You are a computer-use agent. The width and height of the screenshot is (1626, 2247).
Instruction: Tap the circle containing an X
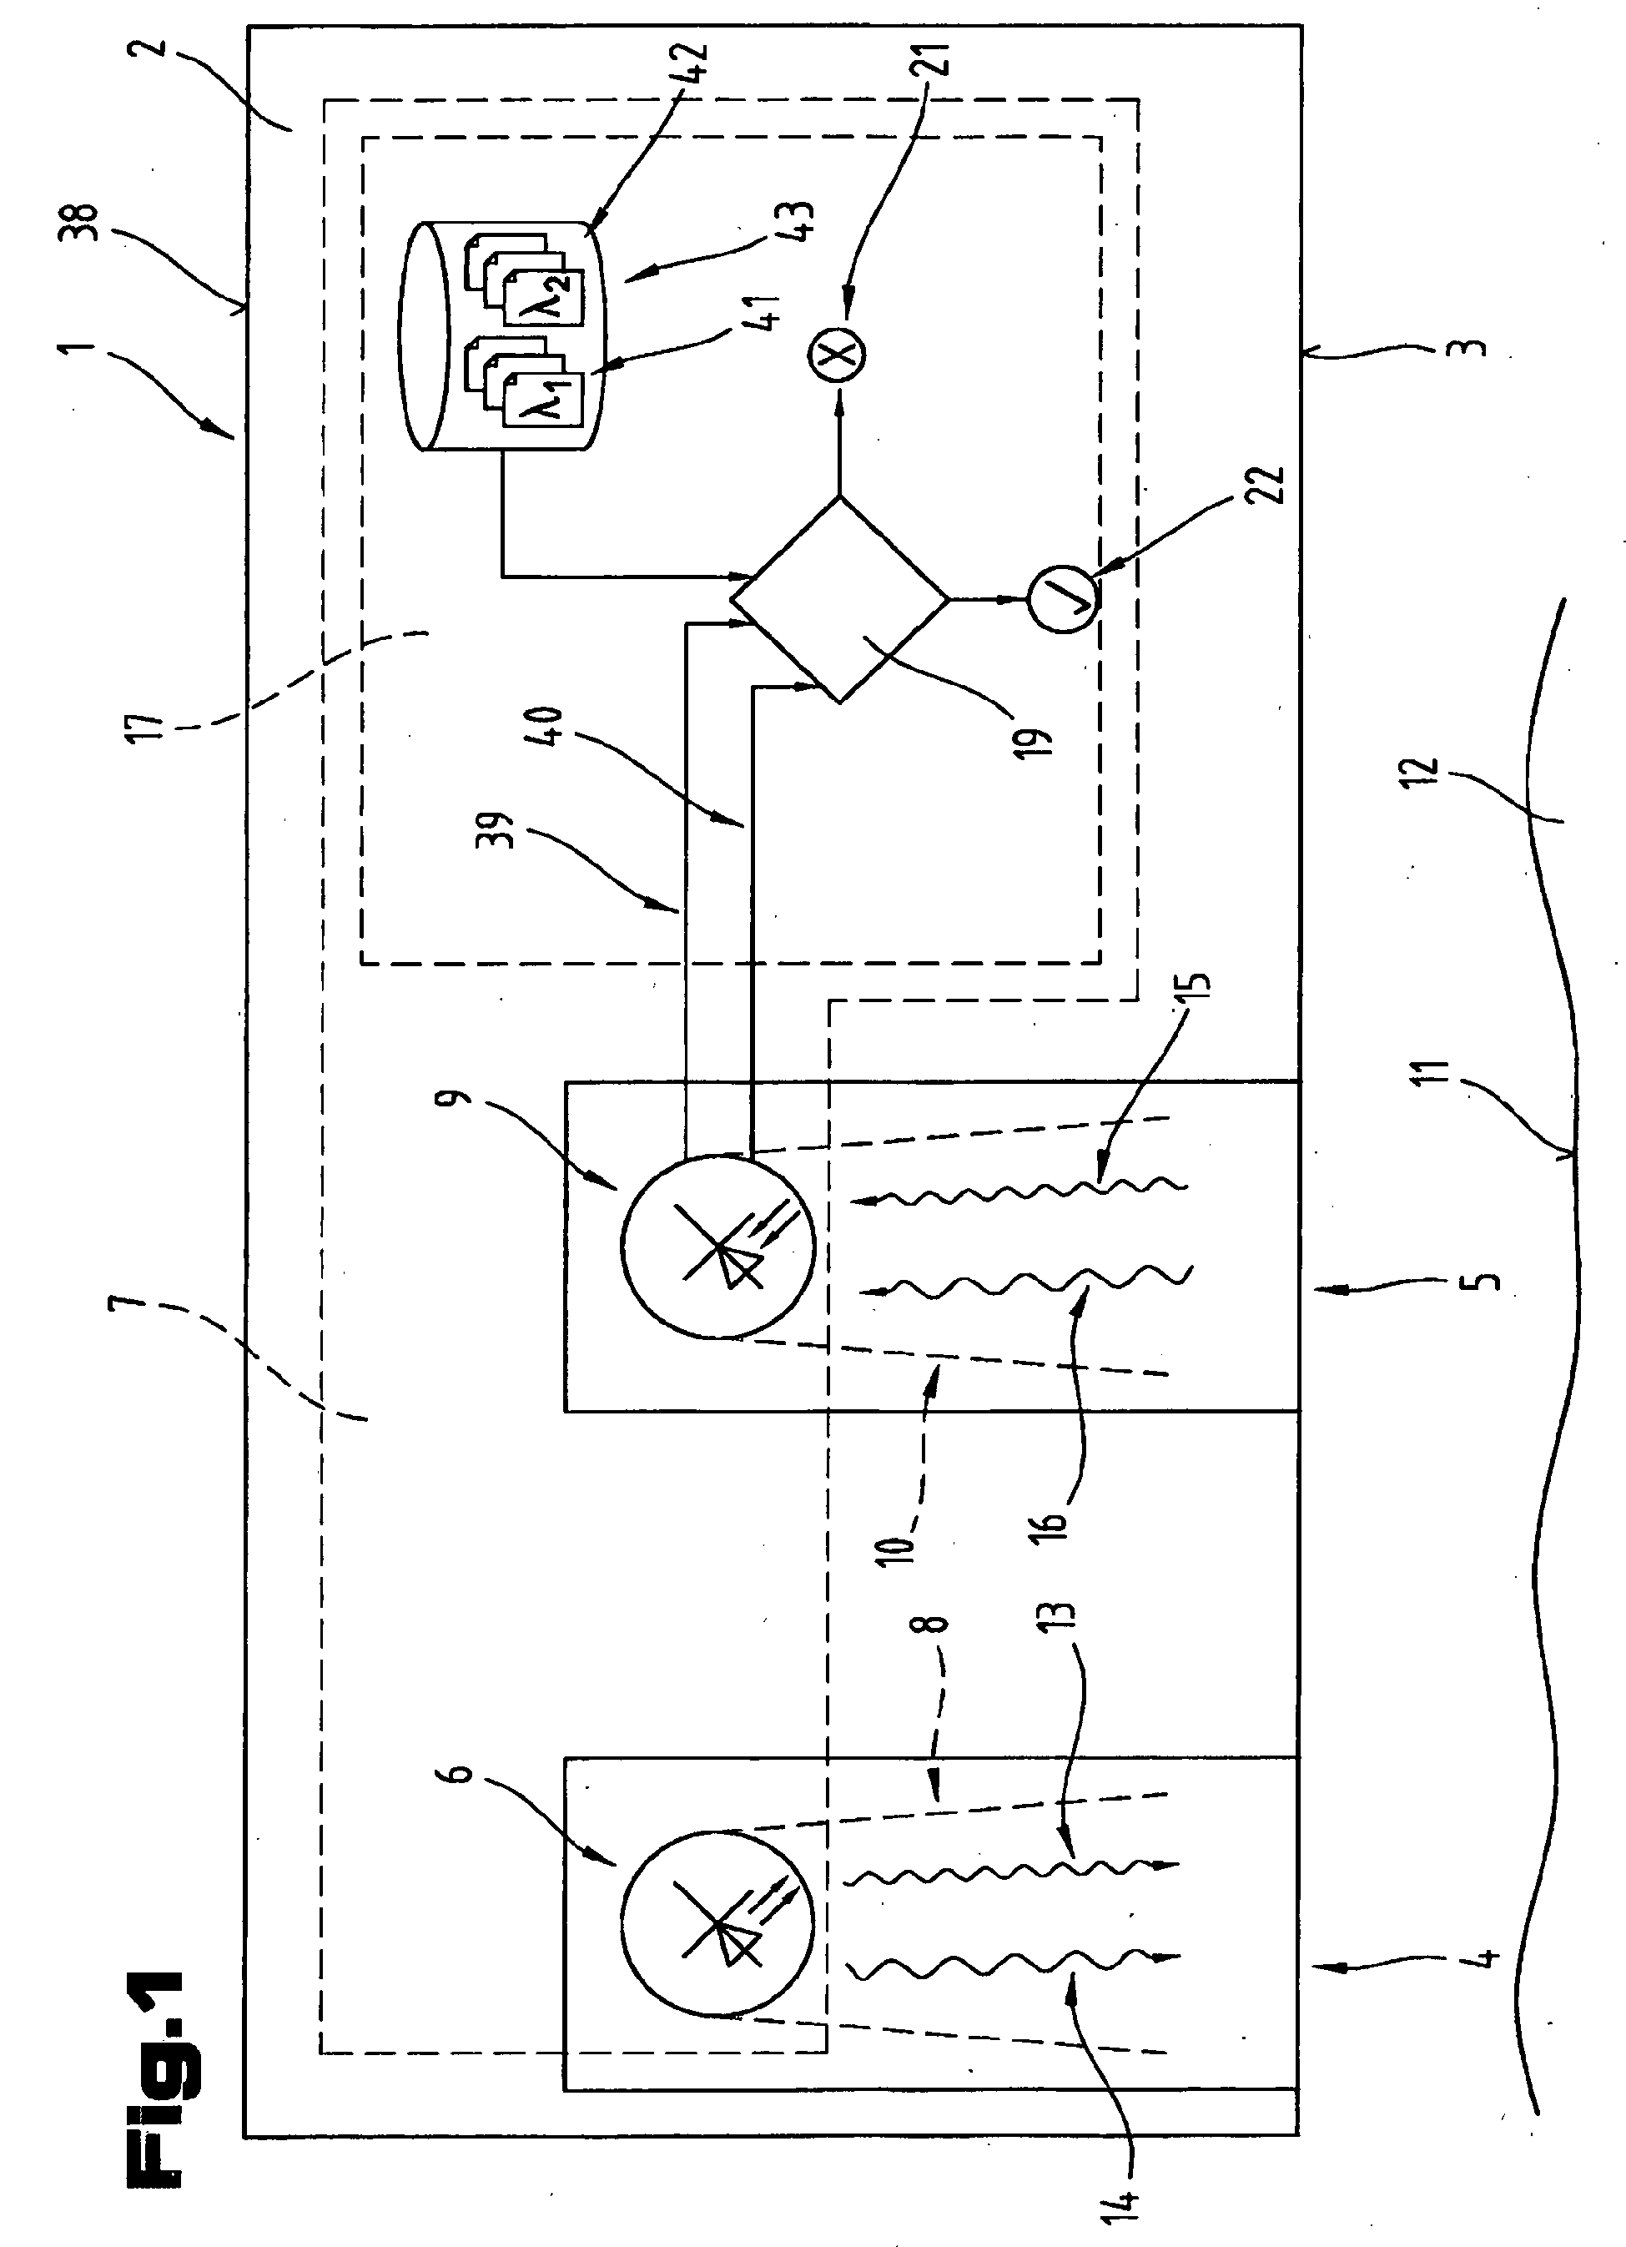838,354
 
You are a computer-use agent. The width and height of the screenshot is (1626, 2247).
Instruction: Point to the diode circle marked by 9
718,1247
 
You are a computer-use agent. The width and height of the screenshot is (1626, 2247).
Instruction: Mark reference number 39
502,830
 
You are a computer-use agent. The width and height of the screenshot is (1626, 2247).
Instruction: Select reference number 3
1473,348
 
